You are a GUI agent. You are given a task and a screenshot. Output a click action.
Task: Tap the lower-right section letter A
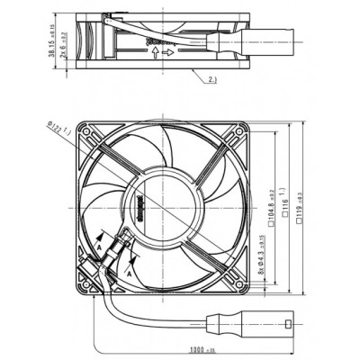(131, 266)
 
